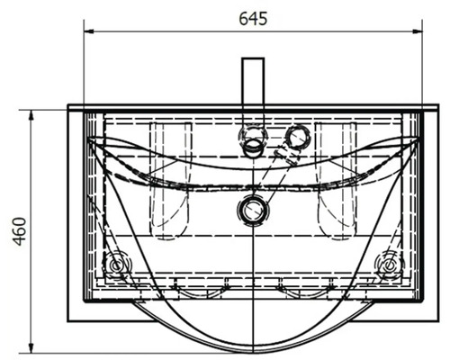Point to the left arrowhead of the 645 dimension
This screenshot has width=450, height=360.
point(89,32)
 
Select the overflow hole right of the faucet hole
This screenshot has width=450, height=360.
point(295,137)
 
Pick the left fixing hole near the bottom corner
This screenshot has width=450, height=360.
point(115,265)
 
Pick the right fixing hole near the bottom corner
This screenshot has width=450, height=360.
point(390,265)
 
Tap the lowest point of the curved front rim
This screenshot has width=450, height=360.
point(253,348)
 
